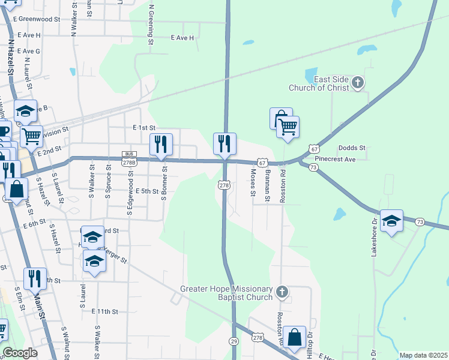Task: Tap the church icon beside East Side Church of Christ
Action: (x=358, y=83)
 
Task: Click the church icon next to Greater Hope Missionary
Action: (x=283, y=293)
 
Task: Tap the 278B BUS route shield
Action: (x=129, y=158)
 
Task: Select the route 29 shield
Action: (x=234, y=341)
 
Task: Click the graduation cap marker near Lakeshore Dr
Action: (x=391, y=221)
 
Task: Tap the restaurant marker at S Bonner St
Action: (x=161, y=145)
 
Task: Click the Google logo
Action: (x=20, y=353)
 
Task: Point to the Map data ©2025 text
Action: (x=423, y=355)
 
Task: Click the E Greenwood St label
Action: (x=40, y=19)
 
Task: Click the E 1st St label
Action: (x=144, y=128)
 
